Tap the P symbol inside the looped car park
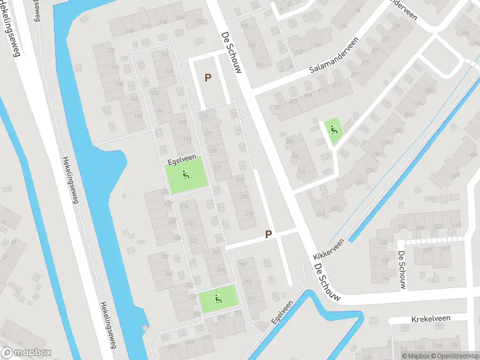(208, 77)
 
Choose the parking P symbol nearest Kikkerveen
(269, 235)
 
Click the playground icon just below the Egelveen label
(186, 176)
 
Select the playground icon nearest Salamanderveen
(334, 128)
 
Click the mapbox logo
(26, 353)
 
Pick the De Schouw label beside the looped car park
(231, 52)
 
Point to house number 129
(217, 167)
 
